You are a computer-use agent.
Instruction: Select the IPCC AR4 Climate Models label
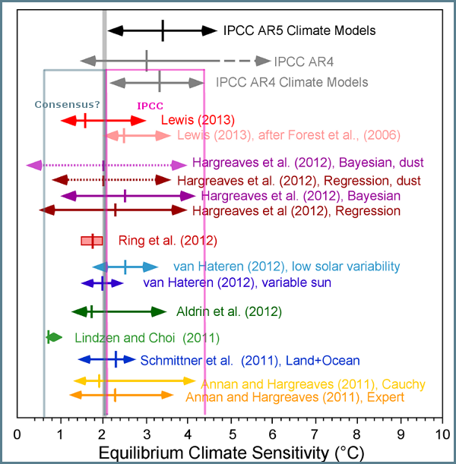(x=292, y=81)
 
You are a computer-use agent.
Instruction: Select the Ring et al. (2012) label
(x=168, y=241)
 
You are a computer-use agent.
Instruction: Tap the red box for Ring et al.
(x=92, y=241)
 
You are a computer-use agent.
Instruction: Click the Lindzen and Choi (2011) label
(x=147, y=337)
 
